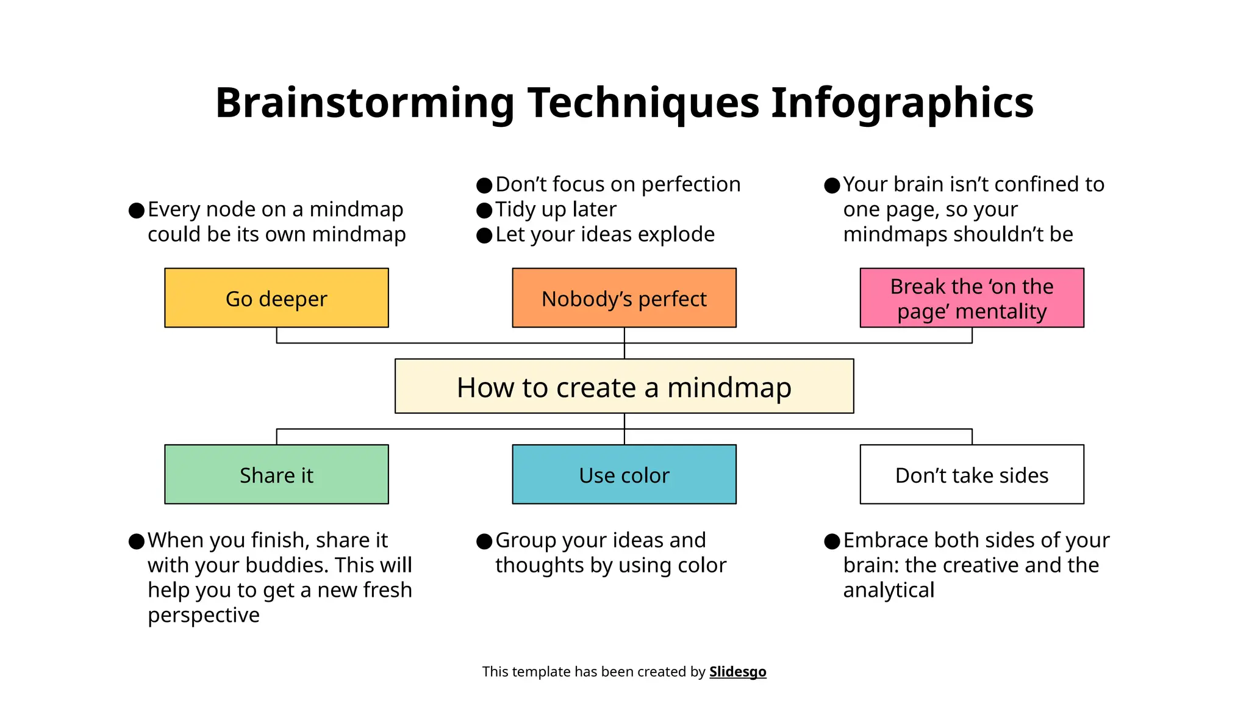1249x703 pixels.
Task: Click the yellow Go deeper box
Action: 276,298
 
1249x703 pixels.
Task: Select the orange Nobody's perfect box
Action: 624,298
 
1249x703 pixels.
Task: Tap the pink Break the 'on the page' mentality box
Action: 972,298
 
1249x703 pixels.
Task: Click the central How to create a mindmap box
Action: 624,386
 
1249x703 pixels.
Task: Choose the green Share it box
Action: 276,474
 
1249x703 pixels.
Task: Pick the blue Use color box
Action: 624,474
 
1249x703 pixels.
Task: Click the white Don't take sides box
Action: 972,474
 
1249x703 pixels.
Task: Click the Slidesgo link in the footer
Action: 737,672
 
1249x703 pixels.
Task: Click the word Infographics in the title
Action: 902,103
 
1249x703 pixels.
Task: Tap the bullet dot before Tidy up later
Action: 484,211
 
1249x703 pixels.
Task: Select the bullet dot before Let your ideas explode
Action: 484,236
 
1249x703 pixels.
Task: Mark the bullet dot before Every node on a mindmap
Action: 137,211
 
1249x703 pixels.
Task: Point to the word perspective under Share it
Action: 203,615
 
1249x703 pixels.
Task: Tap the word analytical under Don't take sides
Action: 889,590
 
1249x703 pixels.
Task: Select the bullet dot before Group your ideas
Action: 484,541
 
